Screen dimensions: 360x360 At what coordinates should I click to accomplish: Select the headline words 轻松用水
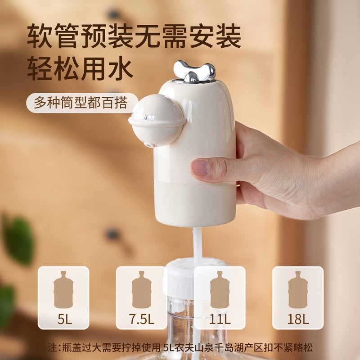(x=80, y=69)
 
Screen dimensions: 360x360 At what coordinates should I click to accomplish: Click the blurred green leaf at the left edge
(x=18, y=238)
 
